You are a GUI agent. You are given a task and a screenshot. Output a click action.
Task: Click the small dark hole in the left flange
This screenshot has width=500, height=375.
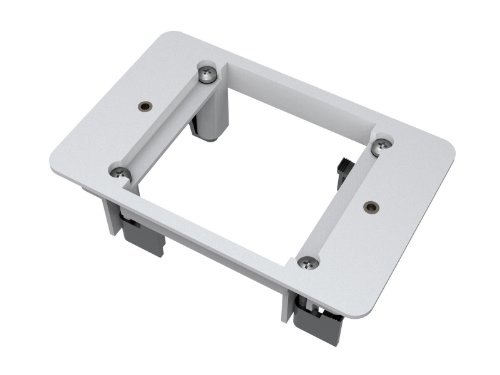145,105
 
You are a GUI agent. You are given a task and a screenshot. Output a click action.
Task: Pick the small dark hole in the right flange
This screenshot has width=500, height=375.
371,207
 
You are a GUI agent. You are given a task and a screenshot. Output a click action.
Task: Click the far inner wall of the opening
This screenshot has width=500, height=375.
300,110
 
